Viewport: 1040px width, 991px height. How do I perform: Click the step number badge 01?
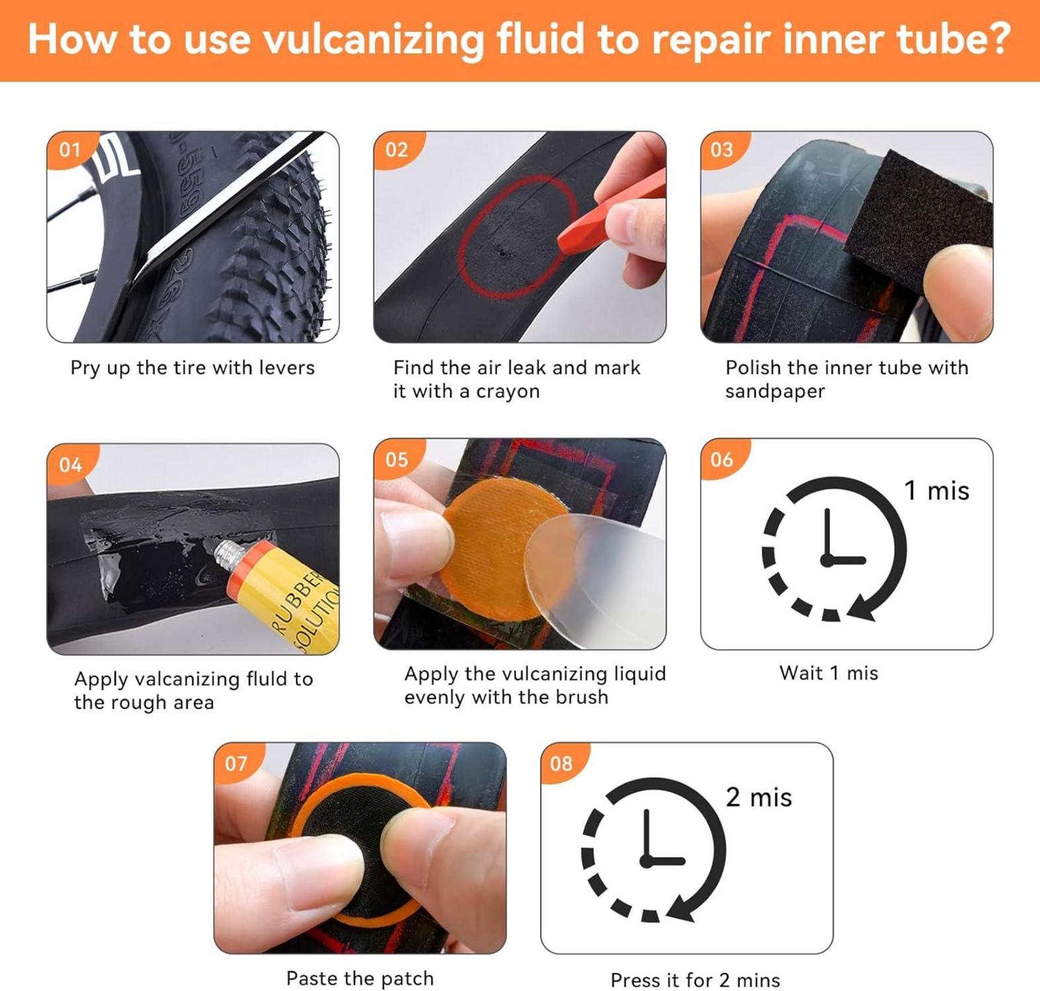tap(70, 149)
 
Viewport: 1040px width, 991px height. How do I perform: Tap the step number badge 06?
tap(722, 459)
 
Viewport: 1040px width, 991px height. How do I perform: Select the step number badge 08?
tap(561, 764)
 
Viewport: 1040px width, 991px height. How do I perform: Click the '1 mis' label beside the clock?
tap(936, 491)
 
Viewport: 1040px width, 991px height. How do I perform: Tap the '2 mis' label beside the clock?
tap(758, 797)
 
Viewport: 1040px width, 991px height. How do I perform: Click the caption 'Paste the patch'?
tap(360, 978)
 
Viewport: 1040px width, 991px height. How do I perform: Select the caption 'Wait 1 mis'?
tap(829, 673)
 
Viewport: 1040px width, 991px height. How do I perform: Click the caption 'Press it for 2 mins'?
tap(696, 980)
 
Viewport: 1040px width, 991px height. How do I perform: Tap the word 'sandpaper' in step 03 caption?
tap(775, 392)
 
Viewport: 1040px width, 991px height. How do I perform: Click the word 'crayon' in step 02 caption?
tap(508, 392)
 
